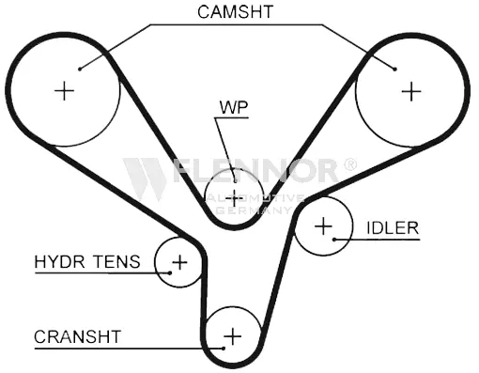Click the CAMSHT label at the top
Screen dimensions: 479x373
tap(236, 11)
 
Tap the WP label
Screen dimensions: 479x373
tap(234, 107)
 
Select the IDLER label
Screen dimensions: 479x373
tap(393, 227)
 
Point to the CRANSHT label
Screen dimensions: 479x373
tap(77, 337)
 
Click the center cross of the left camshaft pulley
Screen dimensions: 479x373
tap(64, 91)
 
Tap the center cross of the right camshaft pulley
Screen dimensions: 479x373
tap(411, 91)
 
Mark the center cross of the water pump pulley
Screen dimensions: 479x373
tap(234, 198)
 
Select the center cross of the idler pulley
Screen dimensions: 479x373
tap(323, 225)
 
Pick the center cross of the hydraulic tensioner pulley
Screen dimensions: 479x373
tap(179, 262)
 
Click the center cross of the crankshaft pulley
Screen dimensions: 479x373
tap(233, 336)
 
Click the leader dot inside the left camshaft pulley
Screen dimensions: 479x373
tap(80, 70)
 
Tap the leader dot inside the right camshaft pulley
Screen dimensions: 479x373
tap(395, 70)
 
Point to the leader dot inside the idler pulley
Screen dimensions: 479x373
tap(334, 240)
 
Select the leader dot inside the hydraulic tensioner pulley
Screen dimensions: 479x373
tap(170, 272)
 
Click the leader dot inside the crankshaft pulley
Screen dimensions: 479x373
tap(224, 348)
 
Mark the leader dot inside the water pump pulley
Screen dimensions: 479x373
tap(235, 180)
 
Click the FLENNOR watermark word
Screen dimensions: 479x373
tap(255, 171)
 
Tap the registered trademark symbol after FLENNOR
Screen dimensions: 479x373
tap(350, 163)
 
